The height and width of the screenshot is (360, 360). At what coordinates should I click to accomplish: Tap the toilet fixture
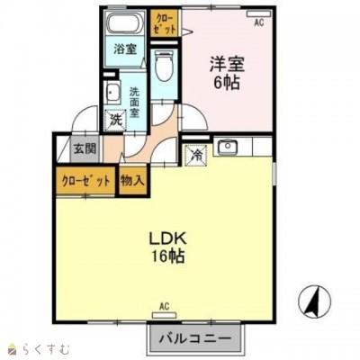(x=164, y=66)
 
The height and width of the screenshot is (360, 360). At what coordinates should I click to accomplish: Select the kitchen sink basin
(x=228, y=147)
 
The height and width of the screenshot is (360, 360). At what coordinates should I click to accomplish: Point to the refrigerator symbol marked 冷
(x=196, y=156)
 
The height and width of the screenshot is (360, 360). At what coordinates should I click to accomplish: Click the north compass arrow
(x=313, y=301)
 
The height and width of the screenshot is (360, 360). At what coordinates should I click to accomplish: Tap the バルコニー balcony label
(x=195, y=339)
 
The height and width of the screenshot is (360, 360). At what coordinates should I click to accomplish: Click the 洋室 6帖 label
(x=227, y=73)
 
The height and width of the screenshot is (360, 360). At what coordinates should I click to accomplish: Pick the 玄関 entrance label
(x=85, y=148)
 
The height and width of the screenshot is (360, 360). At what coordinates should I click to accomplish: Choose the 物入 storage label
(x=133, y=181)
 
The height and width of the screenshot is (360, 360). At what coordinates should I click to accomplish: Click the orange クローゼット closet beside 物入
(x=85, y=181)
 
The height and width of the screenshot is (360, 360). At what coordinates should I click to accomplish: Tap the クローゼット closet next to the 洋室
(x=165, y=23)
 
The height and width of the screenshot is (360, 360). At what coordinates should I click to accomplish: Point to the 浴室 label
(x=125, y=49)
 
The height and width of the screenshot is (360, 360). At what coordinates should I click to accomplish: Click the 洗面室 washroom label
(x=134, y=103)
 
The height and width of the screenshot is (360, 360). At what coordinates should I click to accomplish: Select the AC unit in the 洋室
(x=259, y=13)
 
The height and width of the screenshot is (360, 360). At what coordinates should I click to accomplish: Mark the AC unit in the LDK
(x=165, y=315)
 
